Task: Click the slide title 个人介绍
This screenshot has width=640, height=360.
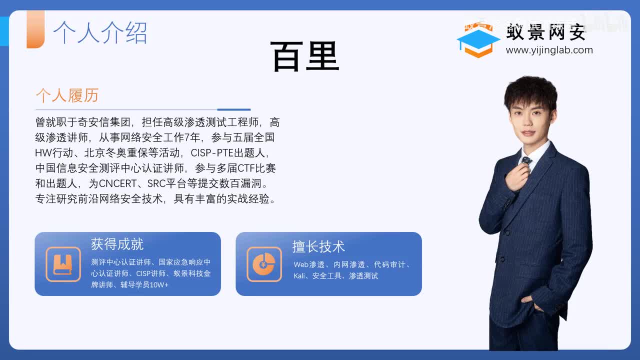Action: (x=100, y=32)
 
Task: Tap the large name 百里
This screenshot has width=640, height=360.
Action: (x=304, y=56)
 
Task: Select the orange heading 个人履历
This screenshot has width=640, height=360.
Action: (x=67, y=95)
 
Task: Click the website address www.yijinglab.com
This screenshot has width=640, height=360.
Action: (x=549, y=50)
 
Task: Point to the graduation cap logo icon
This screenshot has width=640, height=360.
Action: (x=478, y=40)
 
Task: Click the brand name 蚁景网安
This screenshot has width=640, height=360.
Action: (x=546, y=32)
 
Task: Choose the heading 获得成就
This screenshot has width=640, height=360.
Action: (x=117, y=244)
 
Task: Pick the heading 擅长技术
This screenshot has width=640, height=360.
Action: (x=318, y=246)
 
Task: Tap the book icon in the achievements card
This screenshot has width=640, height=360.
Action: (x=63, y=264)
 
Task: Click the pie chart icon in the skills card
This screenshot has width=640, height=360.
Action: (x=264, y=264)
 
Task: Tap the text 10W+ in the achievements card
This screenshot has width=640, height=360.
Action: (x=159, y=285)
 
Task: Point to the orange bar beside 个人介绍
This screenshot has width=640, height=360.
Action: (x=35, y=29)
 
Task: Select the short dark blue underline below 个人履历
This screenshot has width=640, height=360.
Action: (x=234, y=109)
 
